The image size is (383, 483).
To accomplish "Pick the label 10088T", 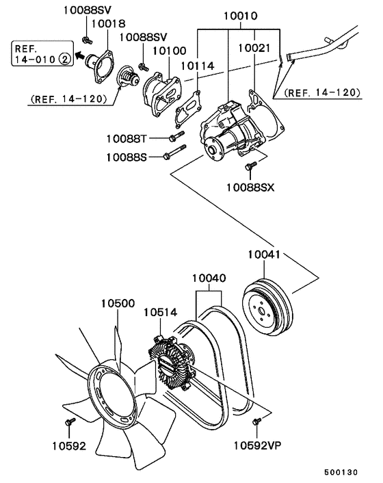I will pyautogui.click(x=127, y=139).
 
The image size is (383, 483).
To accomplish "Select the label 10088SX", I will pyautogui.click(x=250, y=187).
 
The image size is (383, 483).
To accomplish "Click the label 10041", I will pyautogui.click(x=265, y=255).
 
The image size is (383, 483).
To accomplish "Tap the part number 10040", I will pyautogui.click(x=209, y=279).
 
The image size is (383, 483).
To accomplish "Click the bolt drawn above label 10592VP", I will pyautogui.click(x=256, y=422).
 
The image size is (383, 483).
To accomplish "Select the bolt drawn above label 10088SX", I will pyautogui.click(x=250, y=165).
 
